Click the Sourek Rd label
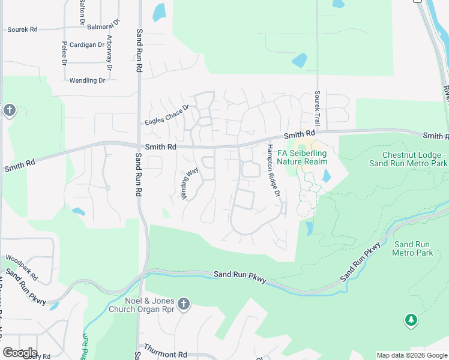(x=22, y=29)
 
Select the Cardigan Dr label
(x=88, y=44)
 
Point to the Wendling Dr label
(x=87, y=80)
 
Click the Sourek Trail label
(x=318, y=108)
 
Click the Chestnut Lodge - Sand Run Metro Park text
(x=408, y=159)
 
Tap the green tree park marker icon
(x=411, y=320)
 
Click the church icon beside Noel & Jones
(x=184, y=304)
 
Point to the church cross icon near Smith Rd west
(x=8, y=110)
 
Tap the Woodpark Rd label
(x=22, y=268)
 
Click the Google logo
(x=20, y=353)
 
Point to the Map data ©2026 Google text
(x=412, y=355)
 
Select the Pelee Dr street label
(x=64, y=53)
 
